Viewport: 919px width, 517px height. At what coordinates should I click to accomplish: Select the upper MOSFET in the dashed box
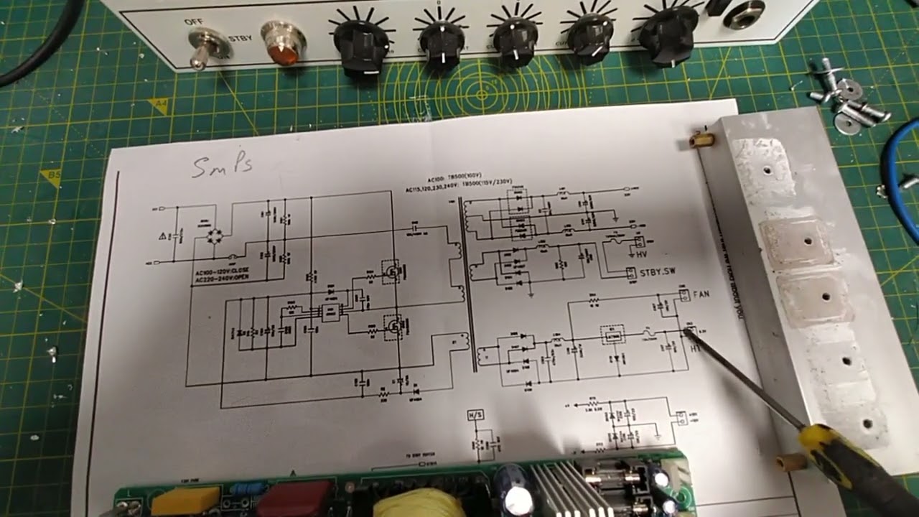tap(391, 272)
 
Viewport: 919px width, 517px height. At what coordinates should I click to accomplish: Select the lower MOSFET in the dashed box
tap(392, 327)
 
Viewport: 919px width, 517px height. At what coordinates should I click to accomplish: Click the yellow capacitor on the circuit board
tap(185, 500)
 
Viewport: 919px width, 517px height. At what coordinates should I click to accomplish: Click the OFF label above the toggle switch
tap(193, 22)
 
